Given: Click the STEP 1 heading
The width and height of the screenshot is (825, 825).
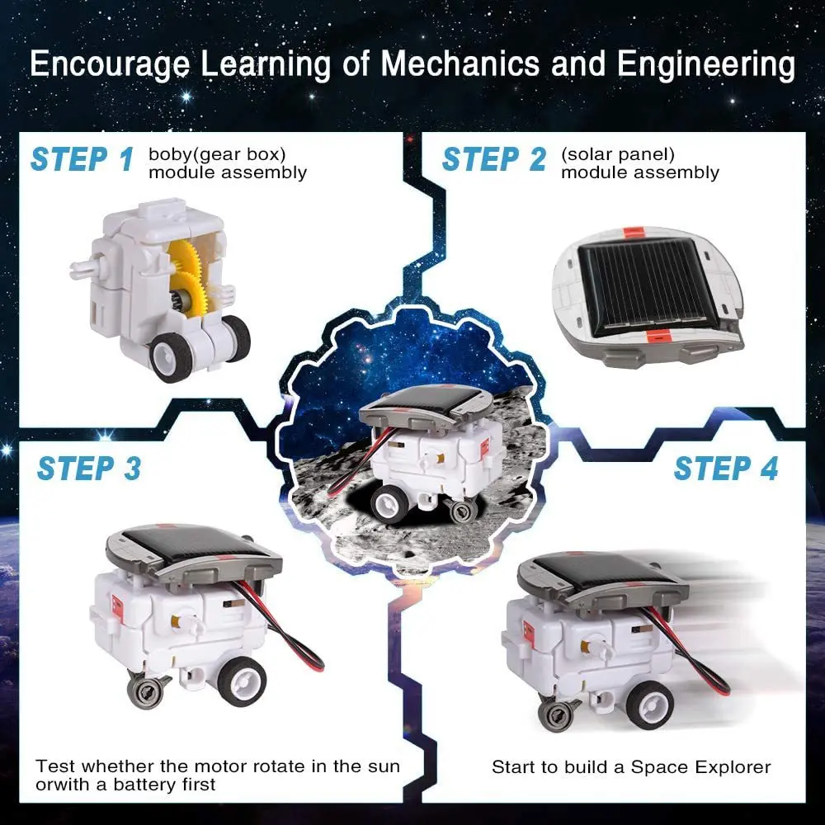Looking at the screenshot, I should click(81, 158).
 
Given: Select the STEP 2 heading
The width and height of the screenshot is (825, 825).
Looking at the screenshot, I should click(493, 158).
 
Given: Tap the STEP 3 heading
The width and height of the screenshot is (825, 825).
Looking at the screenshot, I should click(88, 468).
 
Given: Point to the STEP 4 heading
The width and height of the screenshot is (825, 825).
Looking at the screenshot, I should click(725, 468).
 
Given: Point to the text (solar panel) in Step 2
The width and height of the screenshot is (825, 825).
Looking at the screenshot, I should click(617, 153).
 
